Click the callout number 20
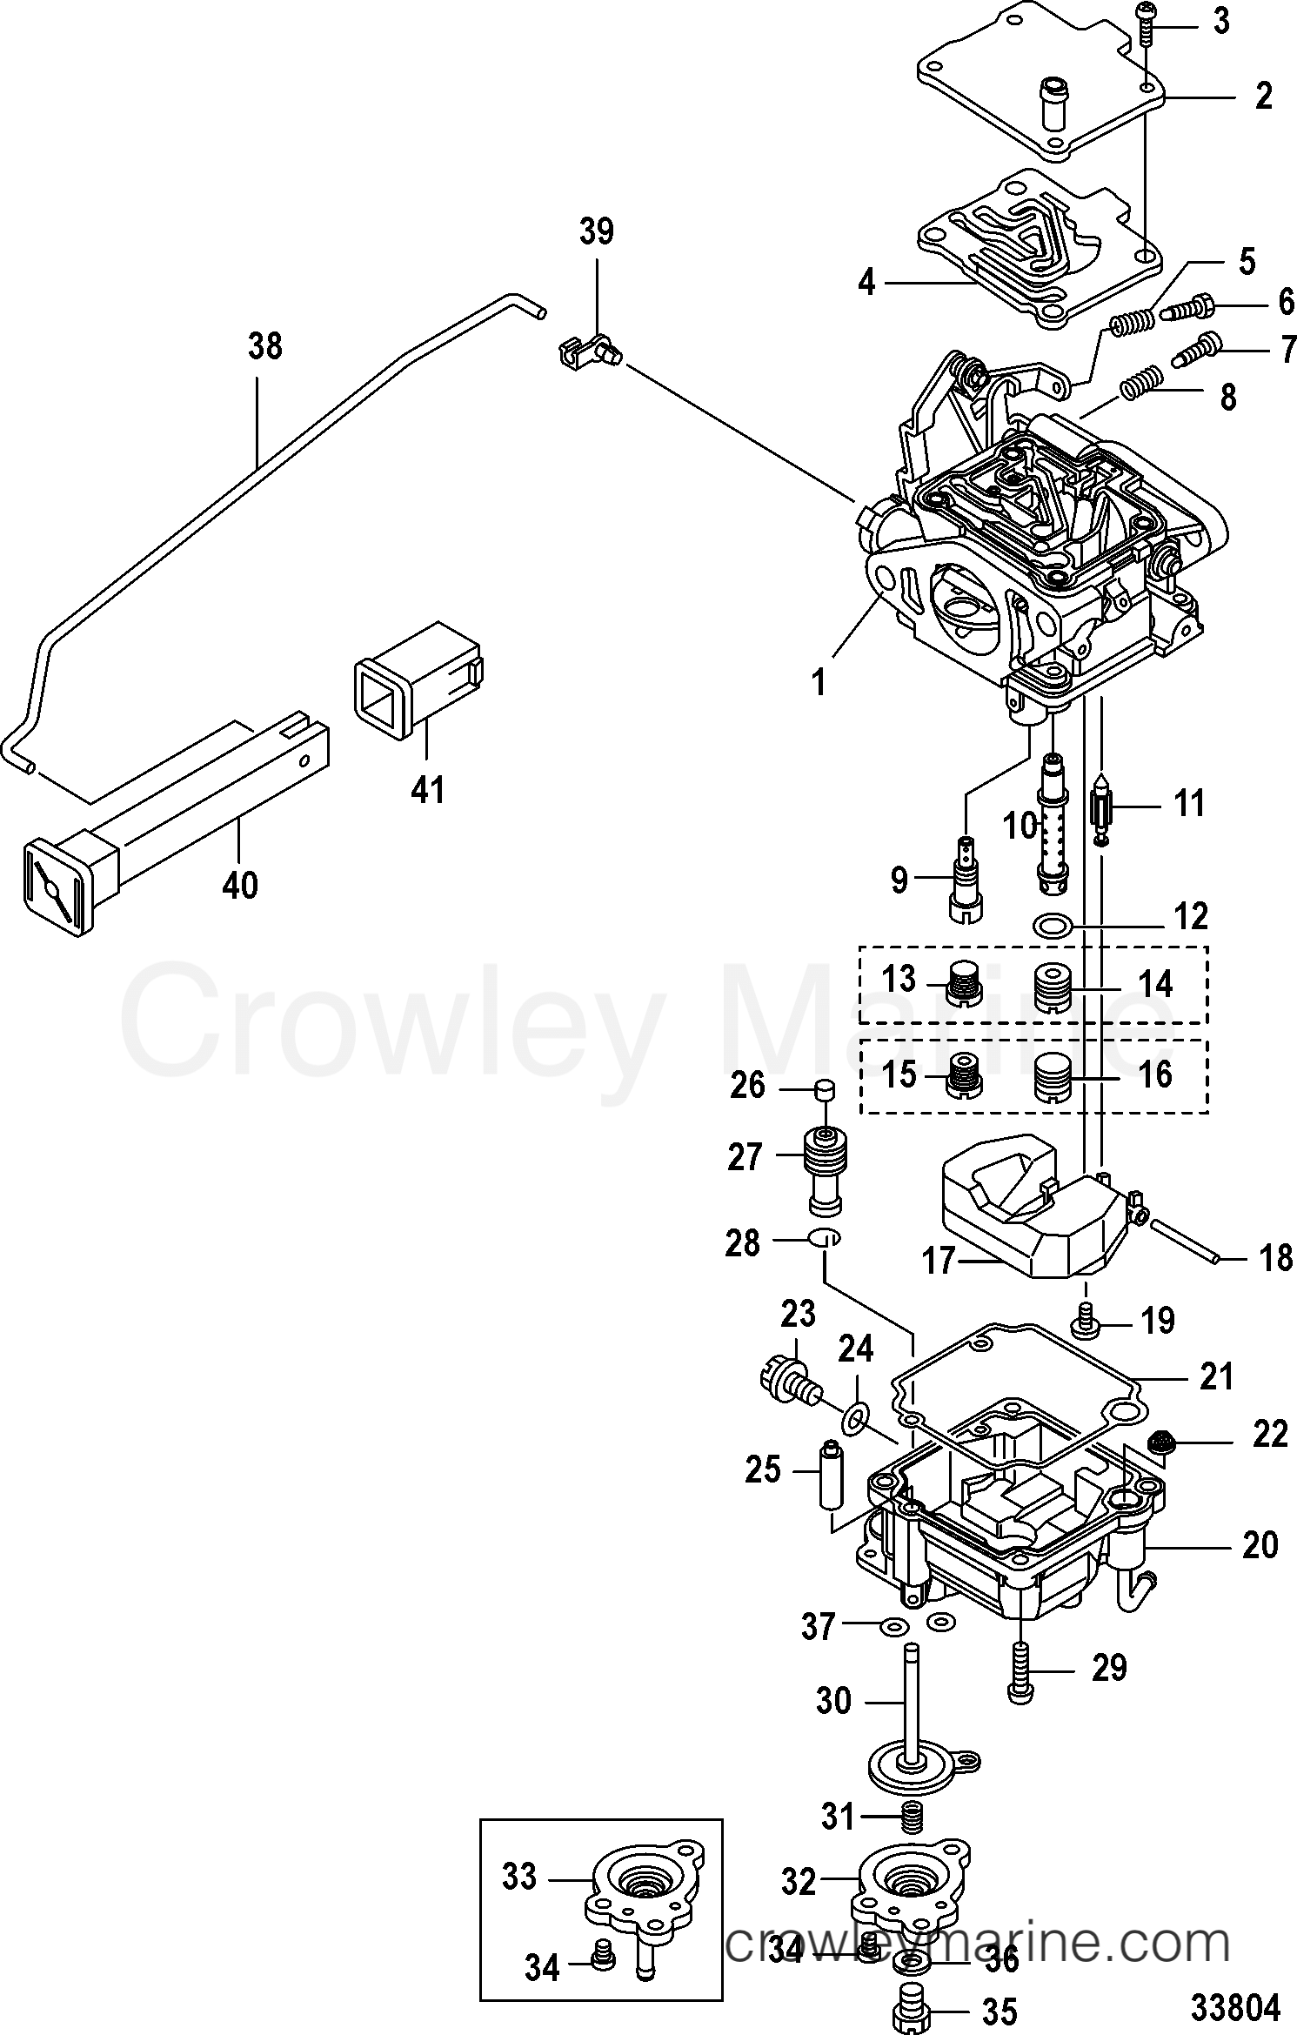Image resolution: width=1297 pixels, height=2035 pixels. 1260,1545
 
